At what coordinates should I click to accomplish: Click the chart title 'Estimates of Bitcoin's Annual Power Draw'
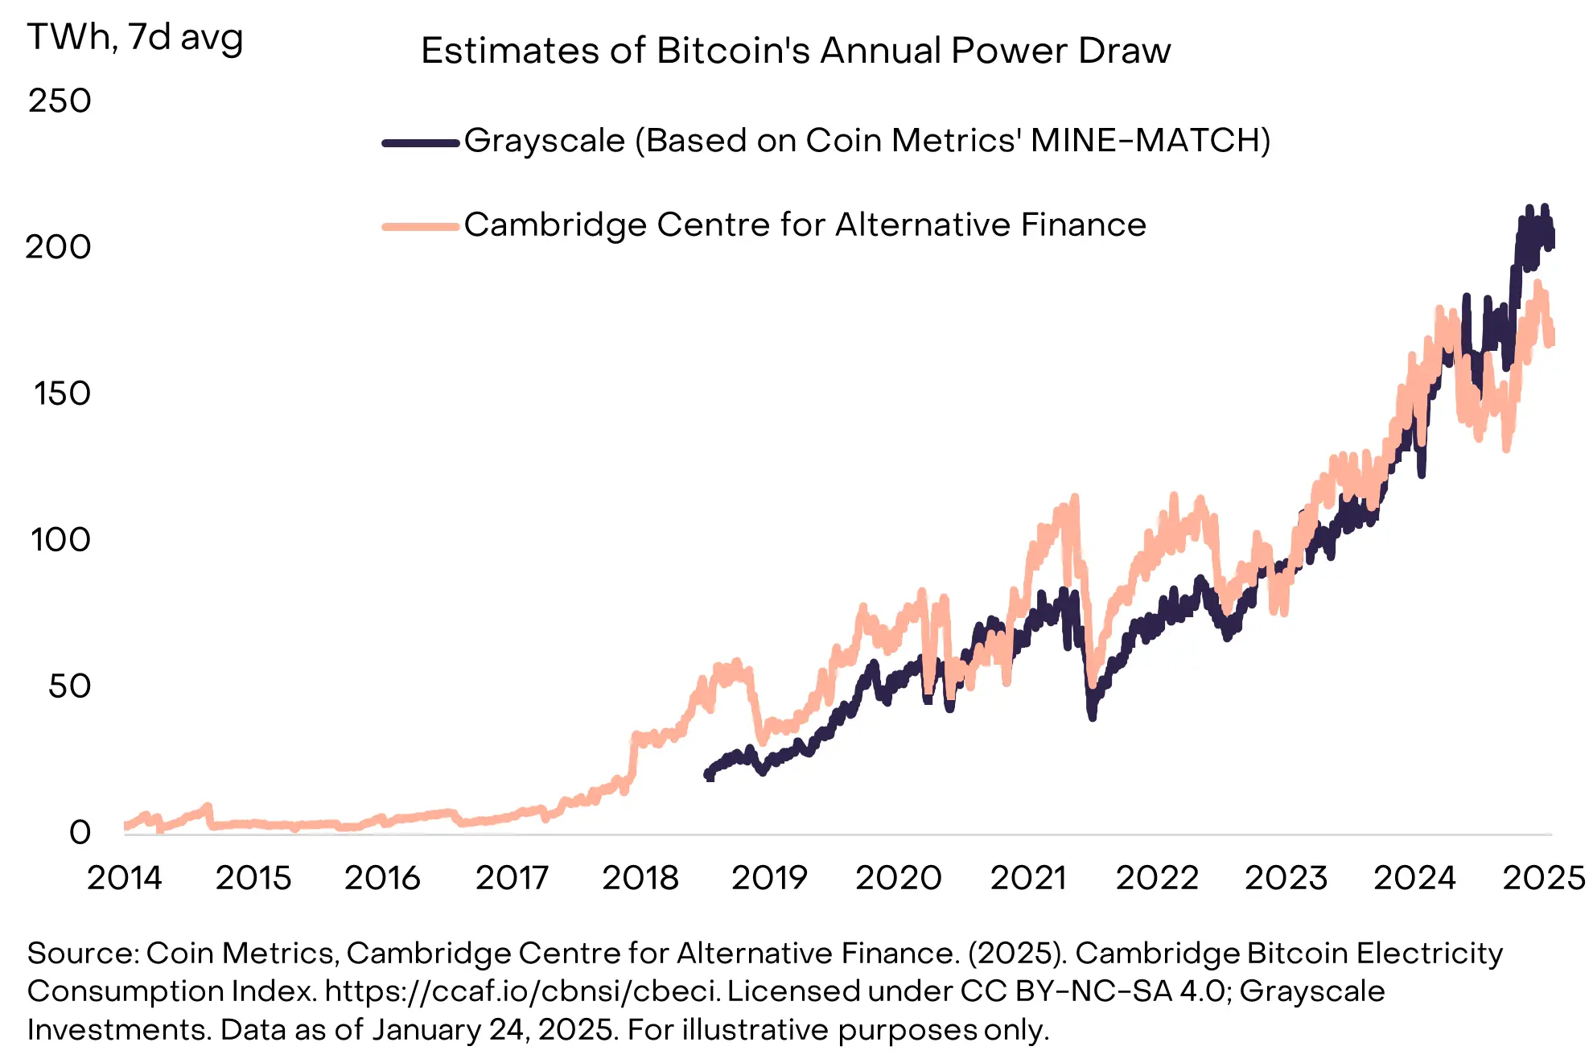796,51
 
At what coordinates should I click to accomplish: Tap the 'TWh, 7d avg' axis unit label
135,38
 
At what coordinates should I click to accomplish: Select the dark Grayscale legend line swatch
420,143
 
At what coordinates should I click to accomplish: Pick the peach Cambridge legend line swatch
420,227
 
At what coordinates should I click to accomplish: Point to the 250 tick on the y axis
60,101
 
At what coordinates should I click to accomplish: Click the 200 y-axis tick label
58,247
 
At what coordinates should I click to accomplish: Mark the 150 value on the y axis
61,393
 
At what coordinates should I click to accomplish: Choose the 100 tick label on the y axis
60,540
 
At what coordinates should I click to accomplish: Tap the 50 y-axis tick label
69,686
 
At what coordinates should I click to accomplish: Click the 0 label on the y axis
80,832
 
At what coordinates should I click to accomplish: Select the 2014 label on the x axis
125,878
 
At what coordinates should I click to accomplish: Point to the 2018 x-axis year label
640,878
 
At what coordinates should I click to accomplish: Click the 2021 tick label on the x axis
1028,878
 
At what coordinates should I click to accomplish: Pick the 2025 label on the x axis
1543,878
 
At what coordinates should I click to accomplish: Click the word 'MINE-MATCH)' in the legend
1150,141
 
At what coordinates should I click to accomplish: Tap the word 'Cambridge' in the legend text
555,225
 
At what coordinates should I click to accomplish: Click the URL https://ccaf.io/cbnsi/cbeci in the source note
521,991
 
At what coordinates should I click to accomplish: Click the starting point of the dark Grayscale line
709,775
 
